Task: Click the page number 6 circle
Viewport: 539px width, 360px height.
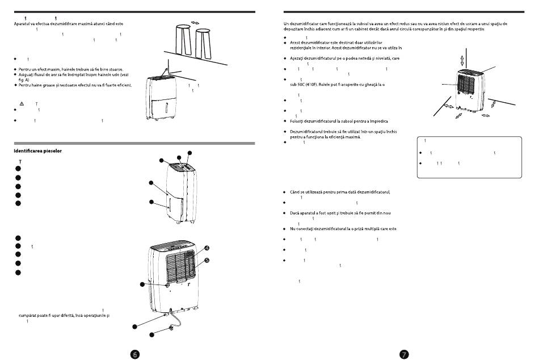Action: pyautogui.click(x=134, y=353)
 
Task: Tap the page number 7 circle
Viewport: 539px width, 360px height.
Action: pyautogui.click(x=403, y=353)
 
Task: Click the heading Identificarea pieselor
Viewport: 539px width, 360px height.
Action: pyautogui.click(x=37, y=151)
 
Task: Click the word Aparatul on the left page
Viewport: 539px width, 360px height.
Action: pyautogui.click(x=23, y=24)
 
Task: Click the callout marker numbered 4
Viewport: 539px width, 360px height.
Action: pyautogui.click(x=207, y=248)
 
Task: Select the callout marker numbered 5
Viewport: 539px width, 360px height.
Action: pyautogui.click(x=207, y=261)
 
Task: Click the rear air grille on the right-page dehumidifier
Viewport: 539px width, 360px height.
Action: pyautogui.click(x=472, y=85)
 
